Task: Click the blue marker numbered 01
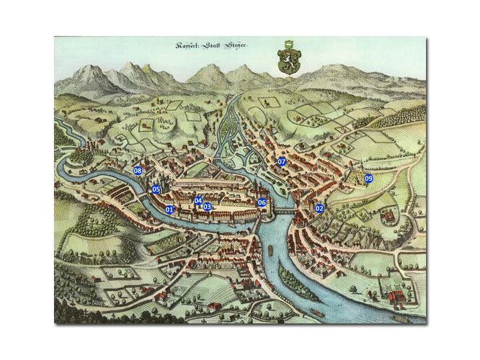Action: pyautogui.click(x=170, y=210)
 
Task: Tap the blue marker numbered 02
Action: pyautogui.click(x=319, y=208)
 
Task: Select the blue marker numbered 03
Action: pyautogui.click(x=207, y=207)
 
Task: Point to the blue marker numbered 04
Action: pyautogui.click(x=198, y=201)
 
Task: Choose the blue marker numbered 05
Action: pyautogui.click(x=155, y=189)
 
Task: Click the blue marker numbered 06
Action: pyautogui.click(x=262, y=203)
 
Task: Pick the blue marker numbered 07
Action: pyautogui.click(x=282, y=162)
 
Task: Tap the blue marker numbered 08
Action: pyautogui.click(x=138, y=171)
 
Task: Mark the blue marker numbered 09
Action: pyautogui.click(x=368, y=178)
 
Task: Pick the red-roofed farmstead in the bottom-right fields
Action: pyautogui.click(x=395, y=297)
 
